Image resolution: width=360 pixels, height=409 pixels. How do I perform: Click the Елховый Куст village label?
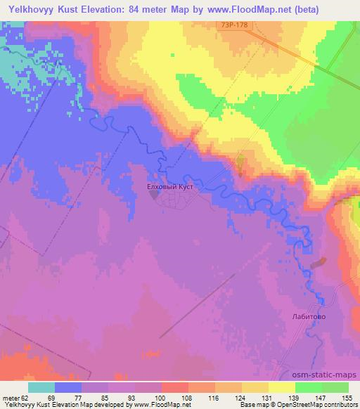pyautogui.click(x=169, y=188)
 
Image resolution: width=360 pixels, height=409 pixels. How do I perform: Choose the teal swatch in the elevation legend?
pyautogui.click(x=41, y=387)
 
